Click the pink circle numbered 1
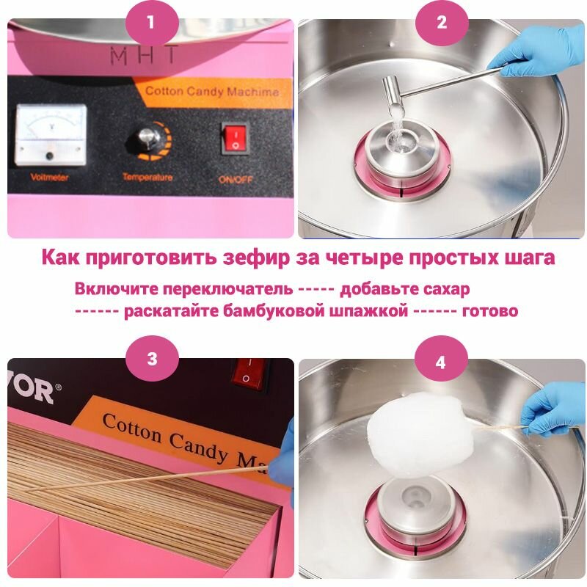pyautogui.click(x=151, y=22)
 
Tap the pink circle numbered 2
pyautogui.click(x=442, y=22)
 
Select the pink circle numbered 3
pyautogui.click(x=152, y=359)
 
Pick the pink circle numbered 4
pyautogui.click(x=441, y=362)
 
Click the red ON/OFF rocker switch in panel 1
pyautogui.click(x=234, y=138)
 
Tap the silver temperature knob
pyautogui.click(x=148, y=138)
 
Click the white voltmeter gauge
pyautogui.click(x=51, y=135)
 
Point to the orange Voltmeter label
pyautogui.click(x=49, y=177)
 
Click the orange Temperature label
pyautogui.click(x=147, y=177)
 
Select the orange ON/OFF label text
pyautogui.click(x=236, y=180)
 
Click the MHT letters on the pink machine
pyautogui.click(x=144, y=56)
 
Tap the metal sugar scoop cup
pyautogui.click(x=393, y=91)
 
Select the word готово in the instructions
pyautogui.click(x=490, y=310)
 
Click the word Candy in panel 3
pyautogui.click(x=197, y=448)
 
